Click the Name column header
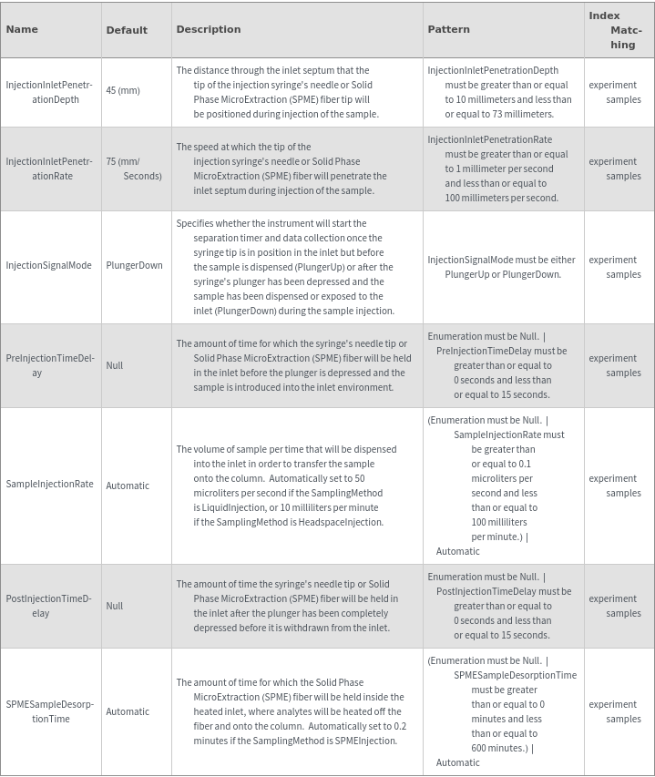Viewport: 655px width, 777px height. point(22,29)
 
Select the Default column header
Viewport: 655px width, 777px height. point(127,30)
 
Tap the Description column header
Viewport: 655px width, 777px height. point(209,29)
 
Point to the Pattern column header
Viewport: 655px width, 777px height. point(448,29)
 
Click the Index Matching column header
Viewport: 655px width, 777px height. point(616,30)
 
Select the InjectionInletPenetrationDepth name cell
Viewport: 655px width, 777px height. point(49,92)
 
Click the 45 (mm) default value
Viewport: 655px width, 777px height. point(123,91)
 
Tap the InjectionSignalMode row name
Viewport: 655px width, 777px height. point(49,266)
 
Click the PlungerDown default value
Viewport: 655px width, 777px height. point(134,266)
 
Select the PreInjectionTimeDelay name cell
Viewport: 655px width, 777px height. point(49,365)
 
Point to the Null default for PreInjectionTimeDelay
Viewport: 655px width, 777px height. point(114,365)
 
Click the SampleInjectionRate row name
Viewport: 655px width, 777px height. point(49,485)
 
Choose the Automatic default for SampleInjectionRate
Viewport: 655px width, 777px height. point(128,486)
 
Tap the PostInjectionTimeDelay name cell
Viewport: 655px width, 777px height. point(49,606)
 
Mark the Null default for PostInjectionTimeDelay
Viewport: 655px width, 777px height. point(114,606)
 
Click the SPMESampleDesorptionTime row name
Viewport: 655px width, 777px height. point(49,711)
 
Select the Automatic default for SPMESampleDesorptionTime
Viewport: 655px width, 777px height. point(128,711)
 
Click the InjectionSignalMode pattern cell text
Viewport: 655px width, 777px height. point(501,267)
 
